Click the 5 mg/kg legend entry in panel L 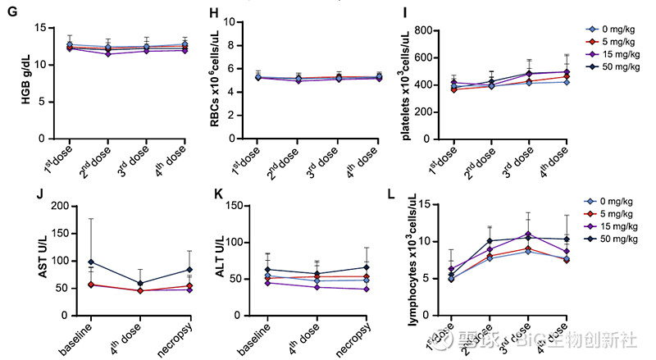point(605,215)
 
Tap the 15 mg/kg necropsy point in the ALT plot point(366,289)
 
